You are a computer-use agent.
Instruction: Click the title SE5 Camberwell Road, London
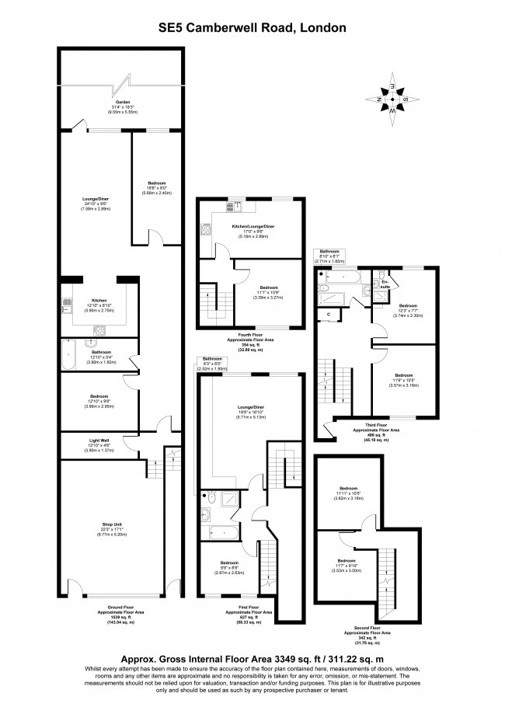pos(252,28)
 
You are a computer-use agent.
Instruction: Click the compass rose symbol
pos(394,99)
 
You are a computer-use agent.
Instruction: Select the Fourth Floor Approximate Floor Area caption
pos(252,342)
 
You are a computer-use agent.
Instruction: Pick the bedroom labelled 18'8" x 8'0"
pos(155,186)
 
